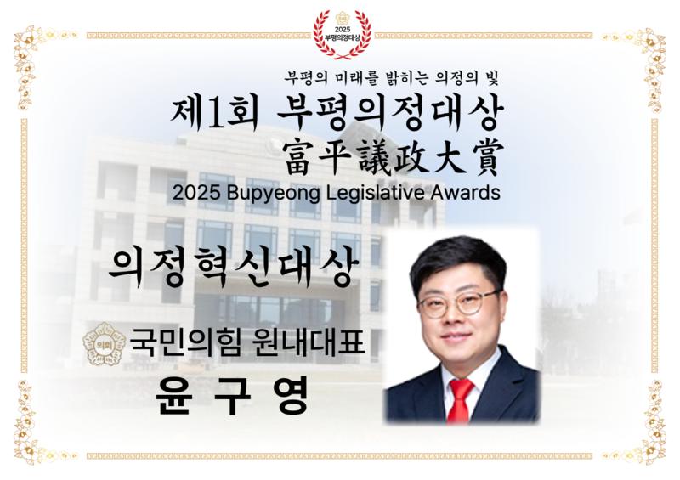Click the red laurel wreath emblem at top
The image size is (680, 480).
coord(343,34)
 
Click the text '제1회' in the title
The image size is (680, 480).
coord(215,113)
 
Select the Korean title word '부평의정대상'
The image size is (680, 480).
coord(389,113)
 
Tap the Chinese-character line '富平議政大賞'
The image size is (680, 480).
coord(392,158)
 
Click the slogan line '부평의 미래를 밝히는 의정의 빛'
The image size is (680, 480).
coord(391,78)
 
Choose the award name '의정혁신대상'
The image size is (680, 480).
coord(235,268)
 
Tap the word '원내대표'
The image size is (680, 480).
coord(308,342)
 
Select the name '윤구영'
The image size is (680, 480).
coord(233,395)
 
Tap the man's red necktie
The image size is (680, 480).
coord(459,400)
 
